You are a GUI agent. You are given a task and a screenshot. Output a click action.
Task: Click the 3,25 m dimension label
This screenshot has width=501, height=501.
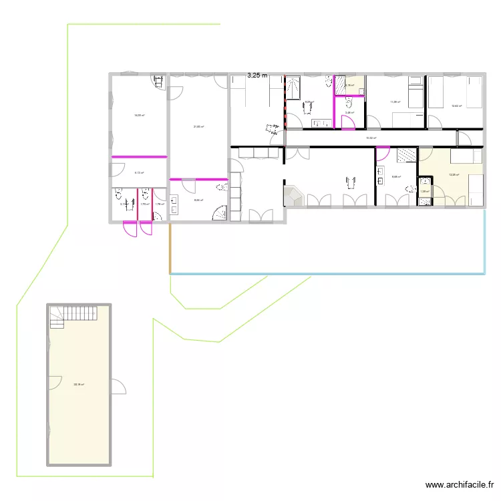pyautogui.click(x=257, y=75)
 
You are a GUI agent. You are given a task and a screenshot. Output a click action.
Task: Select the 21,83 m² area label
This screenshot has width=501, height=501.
pyautogui.click(x=198, y=127)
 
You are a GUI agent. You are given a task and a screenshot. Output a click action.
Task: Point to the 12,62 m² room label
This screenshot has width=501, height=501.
pyautogui.click(x=456, y=106)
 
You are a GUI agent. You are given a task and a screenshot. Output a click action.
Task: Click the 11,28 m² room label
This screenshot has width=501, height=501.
pyautogui.click(x=395, y=102)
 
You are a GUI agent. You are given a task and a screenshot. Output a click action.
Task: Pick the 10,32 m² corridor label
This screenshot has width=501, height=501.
pyautogui.click(x=371, y=138)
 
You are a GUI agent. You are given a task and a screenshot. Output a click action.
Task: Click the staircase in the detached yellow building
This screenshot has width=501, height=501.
pyautogui.click(x=75, y=315)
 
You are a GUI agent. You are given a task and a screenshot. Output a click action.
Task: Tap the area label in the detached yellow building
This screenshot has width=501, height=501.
pyautogui.click(x=79, y=384)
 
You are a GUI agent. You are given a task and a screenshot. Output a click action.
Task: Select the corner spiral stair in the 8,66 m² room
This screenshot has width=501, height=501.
pyautogui.click(x=220, y=213)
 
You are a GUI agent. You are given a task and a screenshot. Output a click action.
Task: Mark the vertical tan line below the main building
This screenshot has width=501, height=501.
pyautogui.click(x=170, y=248)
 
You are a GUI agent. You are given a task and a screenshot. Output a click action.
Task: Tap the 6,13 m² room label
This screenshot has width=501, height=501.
pyautogui.click(x=140, y=172)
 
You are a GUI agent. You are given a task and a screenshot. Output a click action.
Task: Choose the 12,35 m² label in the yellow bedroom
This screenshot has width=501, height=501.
pyautogui.click(x=454, y=175)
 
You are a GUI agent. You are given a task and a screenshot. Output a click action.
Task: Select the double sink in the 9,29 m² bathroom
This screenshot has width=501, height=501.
pyautogui.click(x=319, y=123)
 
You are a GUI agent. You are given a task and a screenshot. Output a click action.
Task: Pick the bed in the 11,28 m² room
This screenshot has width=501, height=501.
pyautogui.click(x=415, y=92)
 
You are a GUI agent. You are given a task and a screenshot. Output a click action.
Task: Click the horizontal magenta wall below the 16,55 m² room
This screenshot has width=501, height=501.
pyautogui.click(x=138, y=156)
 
